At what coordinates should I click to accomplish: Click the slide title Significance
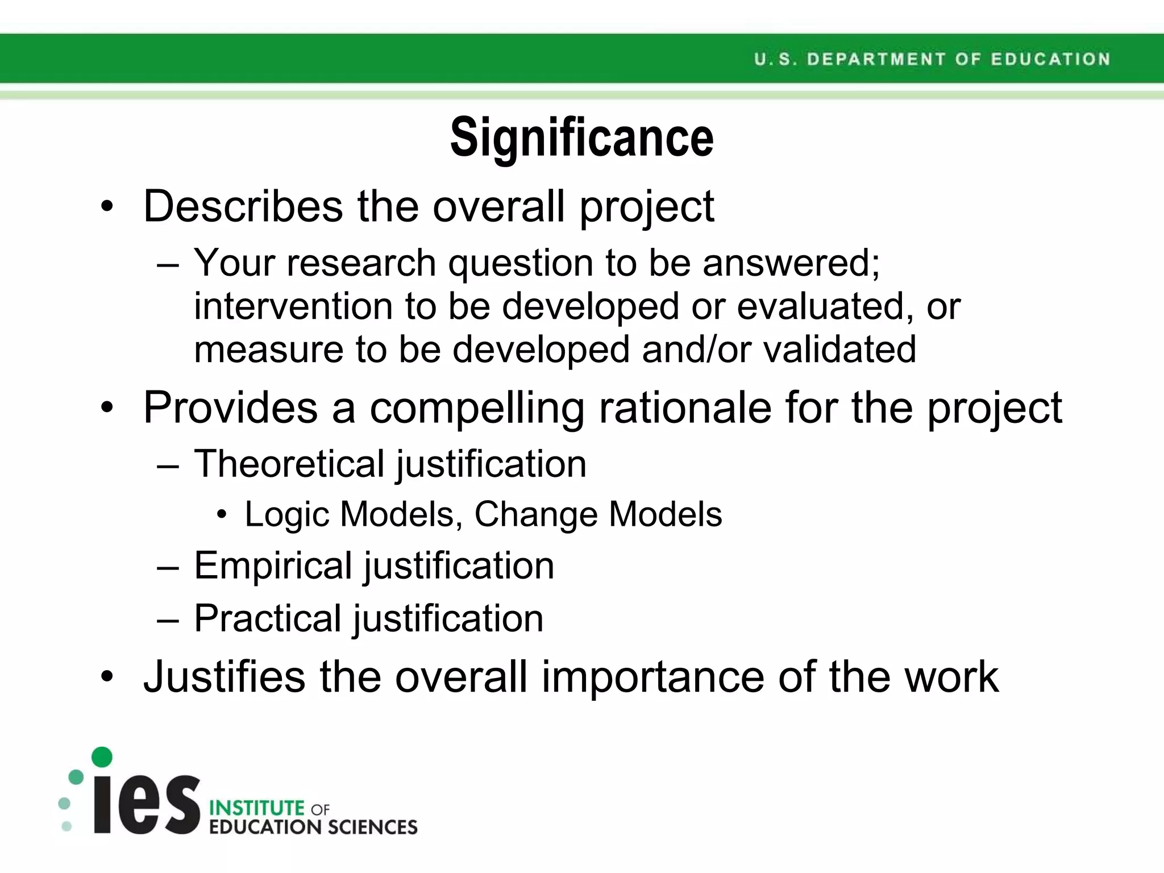click(581, 138)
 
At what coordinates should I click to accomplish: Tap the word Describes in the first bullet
click(243, 206)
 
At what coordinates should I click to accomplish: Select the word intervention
click(293, 306)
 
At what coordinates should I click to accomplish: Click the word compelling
click(477, 408)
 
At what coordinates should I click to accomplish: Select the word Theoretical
click(289, 464)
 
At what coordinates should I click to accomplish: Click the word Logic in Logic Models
click(287, 515)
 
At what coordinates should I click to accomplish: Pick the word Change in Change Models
click(535, 514)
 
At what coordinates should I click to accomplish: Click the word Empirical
click(273, 566)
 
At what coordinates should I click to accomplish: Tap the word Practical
click(267, 618)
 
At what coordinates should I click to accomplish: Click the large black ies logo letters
click(147, 804)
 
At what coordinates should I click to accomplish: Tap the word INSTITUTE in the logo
click(257, 808)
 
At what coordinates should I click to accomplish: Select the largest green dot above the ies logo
click(102, 757)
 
